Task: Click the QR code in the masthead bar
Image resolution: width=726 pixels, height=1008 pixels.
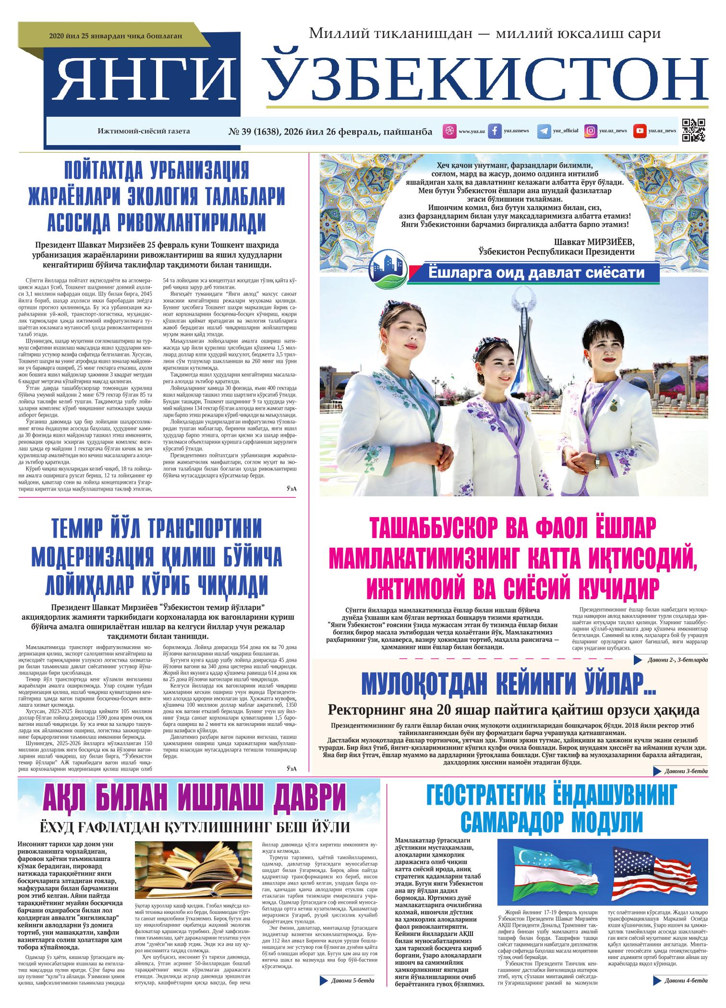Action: tap(694, 131)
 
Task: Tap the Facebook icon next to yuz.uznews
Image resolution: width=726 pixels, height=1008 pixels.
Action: tap(495, 131)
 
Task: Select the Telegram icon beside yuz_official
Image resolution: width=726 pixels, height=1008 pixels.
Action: tap(544, 131)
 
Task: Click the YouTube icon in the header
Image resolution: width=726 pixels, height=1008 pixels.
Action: tap(640, 131)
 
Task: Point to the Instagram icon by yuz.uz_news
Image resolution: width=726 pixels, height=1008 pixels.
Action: tap(591, 131)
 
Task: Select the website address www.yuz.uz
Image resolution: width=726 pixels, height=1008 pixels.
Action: tap(472, 131)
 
